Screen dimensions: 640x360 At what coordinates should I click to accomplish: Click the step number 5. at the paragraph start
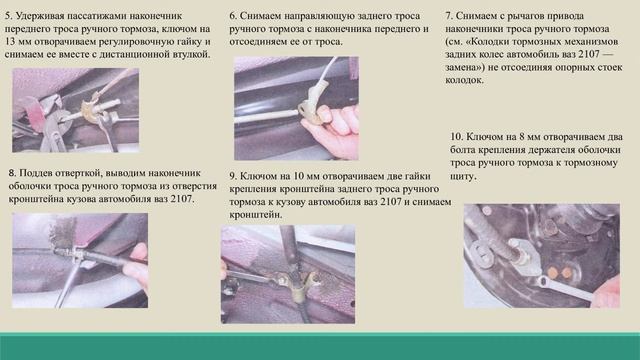(x=9, y=16)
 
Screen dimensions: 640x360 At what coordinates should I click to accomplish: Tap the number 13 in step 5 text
(x=10, y=42)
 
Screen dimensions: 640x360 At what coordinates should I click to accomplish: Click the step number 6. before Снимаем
(x=233, y=16)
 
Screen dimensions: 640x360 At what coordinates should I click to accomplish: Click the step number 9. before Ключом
(x=233, y=176)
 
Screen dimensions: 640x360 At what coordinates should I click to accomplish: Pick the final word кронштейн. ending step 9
(x=256, y=215)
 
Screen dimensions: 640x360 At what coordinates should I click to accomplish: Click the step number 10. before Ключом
(x=457, y=137)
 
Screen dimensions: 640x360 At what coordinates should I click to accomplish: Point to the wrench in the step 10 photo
(x=565, y=289)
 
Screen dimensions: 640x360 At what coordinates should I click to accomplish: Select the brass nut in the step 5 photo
(x=89, y=109)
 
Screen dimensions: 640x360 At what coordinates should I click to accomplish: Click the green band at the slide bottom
(x=320, y=346)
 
